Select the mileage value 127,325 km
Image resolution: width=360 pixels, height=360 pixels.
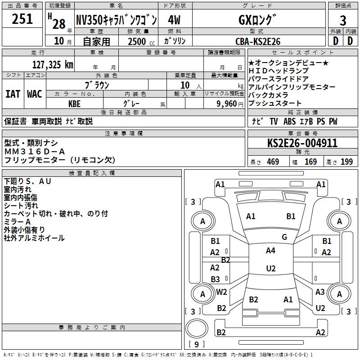point(53,64)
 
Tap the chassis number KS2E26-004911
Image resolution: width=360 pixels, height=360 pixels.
point(302,144)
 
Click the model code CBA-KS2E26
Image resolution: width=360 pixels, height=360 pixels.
point(258,41)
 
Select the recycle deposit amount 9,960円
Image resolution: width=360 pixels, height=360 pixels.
point(230,103)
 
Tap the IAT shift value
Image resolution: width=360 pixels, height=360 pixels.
point(13,94)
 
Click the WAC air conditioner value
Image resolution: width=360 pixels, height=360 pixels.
point(34,94)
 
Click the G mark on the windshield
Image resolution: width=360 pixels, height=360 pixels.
point(284,237)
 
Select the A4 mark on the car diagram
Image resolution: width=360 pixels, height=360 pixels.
point(270,251)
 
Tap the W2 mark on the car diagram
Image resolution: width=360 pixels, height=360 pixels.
point(221,292)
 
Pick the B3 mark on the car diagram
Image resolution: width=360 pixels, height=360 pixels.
point(215,279)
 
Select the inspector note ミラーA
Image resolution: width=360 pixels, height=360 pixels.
point(17,222)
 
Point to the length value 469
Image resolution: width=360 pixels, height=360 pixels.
point(273,162)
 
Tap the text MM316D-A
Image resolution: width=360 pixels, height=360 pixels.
point(35,151)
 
